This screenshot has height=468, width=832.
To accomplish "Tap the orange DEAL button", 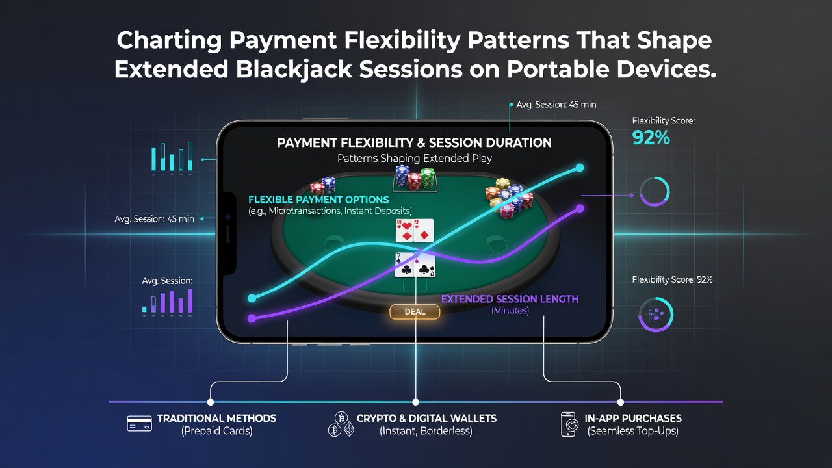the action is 415,311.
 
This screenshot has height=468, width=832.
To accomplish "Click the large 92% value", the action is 651,138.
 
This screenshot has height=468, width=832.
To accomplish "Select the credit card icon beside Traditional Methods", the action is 139,423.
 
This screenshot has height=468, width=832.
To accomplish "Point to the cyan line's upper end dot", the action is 580,168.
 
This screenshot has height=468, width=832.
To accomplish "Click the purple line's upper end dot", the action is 580,209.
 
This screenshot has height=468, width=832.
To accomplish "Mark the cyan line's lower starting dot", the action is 252,298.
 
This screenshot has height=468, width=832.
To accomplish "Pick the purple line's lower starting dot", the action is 252,318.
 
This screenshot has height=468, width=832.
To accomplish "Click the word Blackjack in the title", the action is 294,70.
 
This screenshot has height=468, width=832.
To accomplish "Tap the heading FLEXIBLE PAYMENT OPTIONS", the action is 318,200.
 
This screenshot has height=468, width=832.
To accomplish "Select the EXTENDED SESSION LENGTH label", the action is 510,299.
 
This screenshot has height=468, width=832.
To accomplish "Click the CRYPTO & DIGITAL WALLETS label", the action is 426,418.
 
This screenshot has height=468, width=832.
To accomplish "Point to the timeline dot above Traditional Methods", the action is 211,402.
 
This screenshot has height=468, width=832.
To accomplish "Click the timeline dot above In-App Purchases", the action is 620,402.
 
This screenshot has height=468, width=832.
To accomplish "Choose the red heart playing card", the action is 404,230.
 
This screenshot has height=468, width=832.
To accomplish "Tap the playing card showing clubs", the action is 404,265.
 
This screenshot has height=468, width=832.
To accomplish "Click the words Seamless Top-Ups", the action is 633,431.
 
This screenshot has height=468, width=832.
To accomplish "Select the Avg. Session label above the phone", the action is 556,105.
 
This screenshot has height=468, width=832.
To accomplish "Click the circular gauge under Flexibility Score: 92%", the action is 656,314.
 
